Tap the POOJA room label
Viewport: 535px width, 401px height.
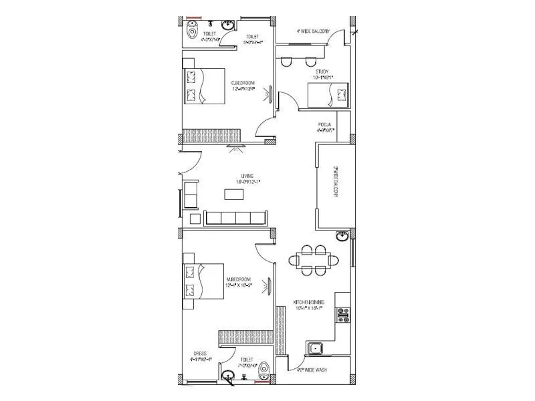[x=326, y=125]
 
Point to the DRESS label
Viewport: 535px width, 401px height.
[x=199, y=353]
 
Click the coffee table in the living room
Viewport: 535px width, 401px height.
[x=233, y=194]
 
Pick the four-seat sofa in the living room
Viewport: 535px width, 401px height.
[x=236, y=218]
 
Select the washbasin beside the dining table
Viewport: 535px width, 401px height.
[x=342, y=235]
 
